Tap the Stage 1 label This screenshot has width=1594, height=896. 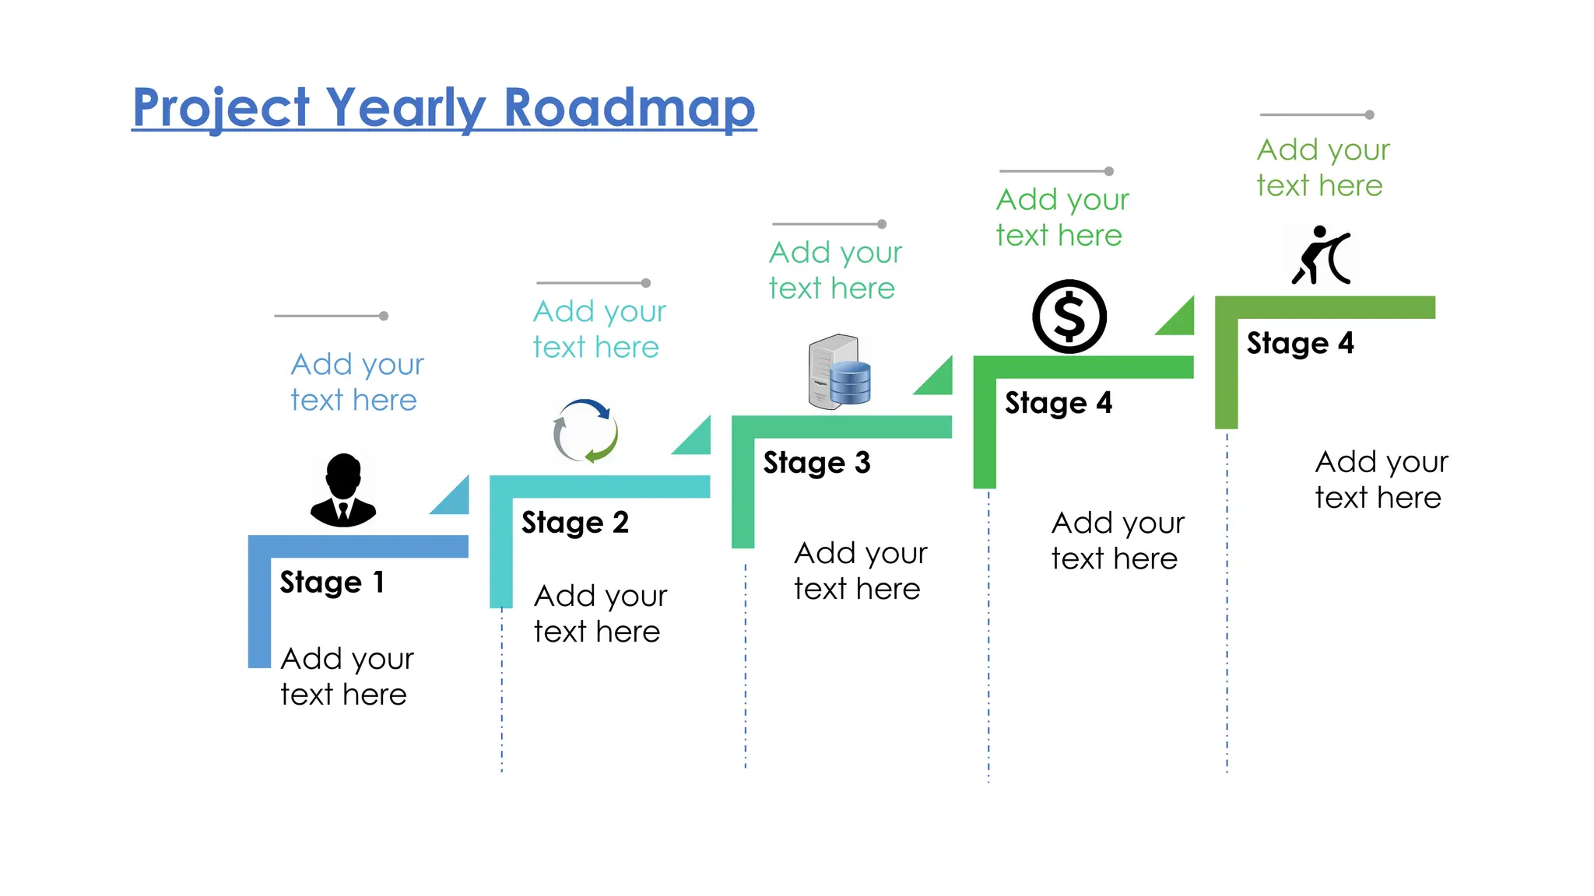332,582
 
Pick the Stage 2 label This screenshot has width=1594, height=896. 574,523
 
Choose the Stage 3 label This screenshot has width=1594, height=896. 816,463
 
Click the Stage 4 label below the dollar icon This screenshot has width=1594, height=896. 1058,403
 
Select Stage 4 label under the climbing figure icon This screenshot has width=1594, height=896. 1300,343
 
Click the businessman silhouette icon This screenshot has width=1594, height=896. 343,490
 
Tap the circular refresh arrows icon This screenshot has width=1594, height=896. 585,431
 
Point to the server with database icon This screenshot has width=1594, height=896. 839,371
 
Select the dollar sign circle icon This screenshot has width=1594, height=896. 1069,317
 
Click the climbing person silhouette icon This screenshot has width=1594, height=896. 1321,255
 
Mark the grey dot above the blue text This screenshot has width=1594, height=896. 384,316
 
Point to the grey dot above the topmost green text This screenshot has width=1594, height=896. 1369,115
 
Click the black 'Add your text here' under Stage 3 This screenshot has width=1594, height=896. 859,571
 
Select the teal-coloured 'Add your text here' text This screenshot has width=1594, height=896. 599,329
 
